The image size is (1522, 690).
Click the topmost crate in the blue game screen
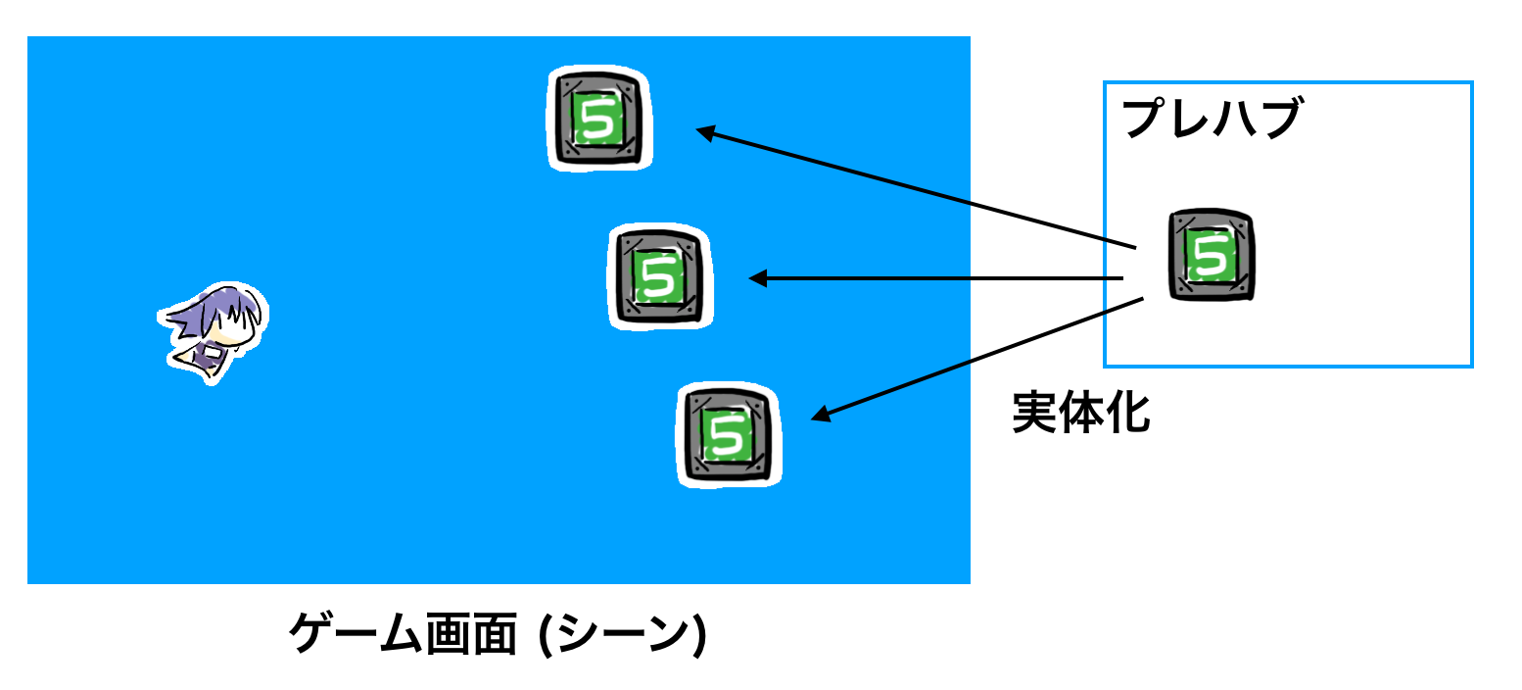(598, 120)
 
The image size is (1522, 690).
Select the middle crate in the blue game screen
(660, 276)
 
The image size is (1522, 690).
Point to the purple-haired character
(214, 331)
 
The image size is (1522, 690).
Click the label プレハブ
(1211, 120)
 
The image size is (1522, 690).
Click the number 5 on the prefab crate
(1213, 255)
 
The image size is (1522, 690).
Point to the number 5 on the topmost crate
(595, 120)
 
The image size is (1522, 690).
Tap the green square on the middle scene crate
(658, 277)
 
